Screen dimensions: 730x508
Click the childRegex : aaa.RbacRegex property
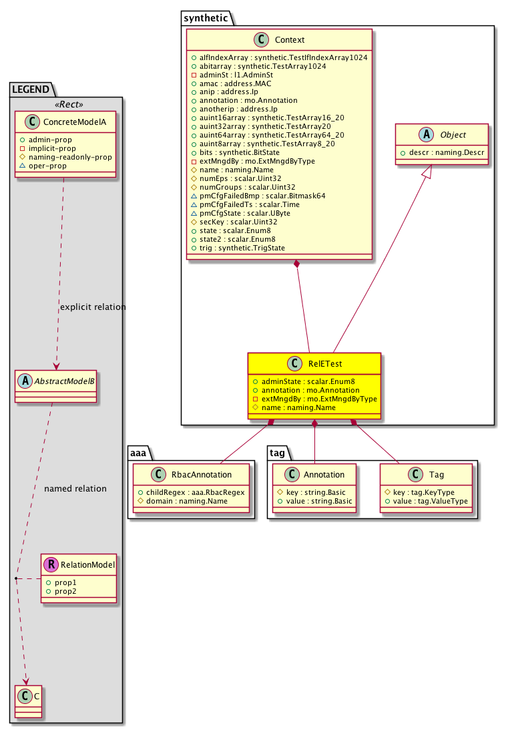194,492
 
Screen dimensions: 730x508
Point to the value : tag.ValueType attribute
431,500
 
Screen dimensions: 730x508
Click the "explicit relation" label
92,307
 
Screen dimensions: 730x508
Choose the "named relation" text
75,488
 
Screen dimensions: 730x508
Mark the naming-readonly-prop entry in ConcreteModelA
69,156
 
